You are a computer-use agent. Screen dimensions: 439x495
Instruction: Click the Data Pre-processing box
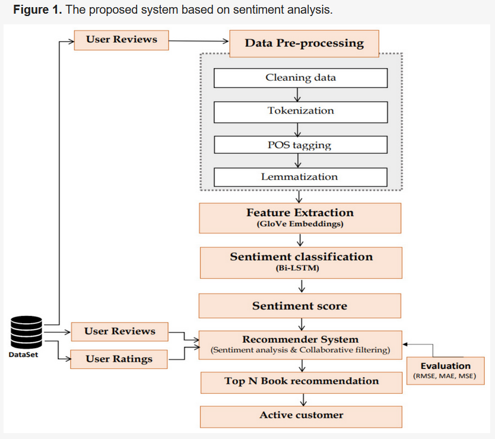click(x=304, y=43)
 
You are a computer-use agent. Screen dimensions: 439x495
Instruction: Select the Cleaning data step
click(x=300, y=78)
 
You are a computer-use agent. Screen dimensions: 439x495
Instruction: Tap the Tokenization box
click(x=300, y=111)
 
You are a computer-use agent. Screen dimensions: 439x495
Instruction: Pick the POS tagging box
click(x=300, y=145)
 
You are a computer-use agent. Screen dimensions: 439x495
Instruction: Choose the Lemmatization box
click(x=300, y=177)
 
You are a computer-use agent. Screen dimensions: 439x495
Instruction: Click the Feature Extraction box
click(x=300, y=218)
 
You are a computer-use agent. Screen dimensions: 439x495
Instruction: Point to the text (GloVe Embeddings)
click(x=300, y=225)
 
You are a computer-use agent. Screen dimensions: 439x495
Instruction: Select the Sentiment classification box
click(x=301, y=262)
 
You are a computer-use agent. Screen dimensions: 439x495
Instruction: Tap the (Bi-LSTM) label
click(x=301, y=269)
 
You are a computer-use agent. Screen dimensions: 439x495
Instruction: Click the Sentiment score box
click(x=300, y=306)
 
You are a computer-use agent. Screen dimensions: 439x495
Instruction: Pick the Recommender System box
click(x=300, y=345)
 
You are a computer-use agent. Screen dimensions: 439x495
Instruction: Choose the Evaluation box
click(x=445, y=371)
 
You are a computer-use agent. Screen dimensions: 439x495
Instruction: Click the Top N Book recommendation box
click(x=301, y=381)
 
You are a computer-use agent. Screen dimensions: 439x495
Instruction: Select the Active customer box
click(x=301, y=415)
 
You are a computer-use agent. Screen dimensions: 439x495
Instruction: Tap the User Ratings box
click(x=119, y=359)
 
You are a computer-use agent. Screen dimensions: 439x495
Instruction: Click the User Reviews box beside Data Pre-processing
click(x=121, y=40)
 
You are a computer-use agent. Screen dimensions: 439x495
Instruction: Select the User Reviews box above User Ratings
click(x=119, y=331)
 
